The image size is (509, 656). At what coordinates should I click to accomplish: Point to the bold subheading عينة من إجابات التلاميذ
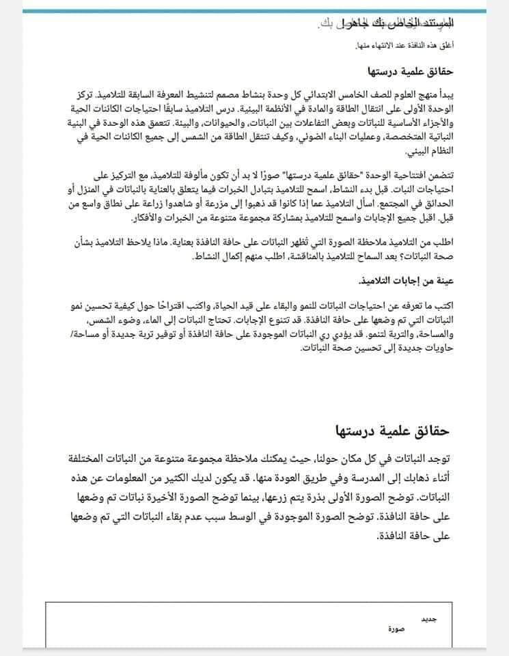(407, 281)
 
